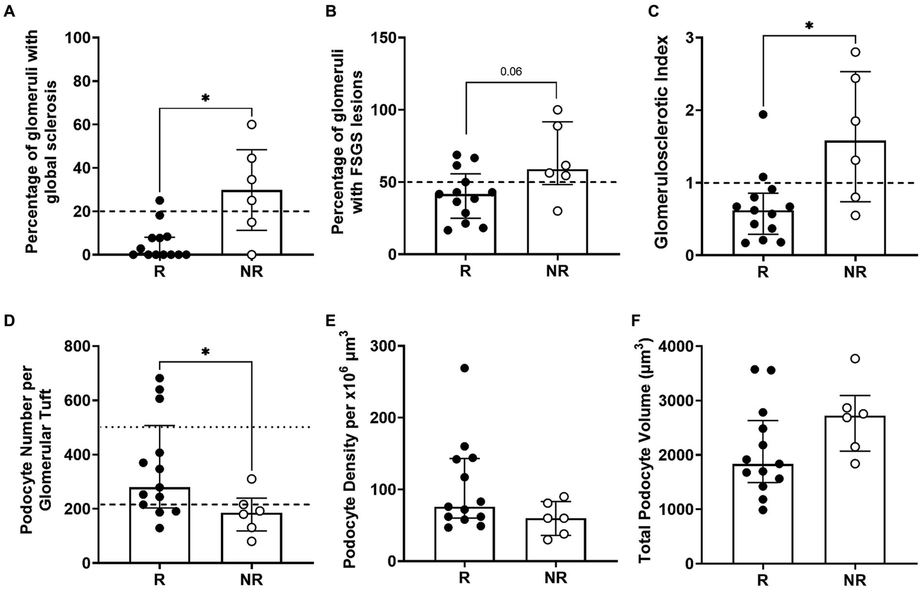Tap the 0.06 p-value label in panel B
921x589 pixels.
point(511,72)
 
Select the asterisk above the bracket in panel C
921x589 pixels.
point(809,26)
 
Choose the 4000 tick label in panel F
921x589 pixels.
point(672,346)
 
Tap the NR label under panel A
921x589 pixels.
point(251,272)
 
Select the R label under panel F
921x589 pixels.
point(763,581)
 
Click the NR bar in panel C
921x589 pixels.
point(855,198)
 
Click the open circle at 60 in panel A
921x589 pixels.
point(252,124)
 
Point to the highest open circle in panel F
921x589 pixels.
point(855,359)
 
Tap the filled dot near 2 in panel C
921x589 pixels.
point(763,114)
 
